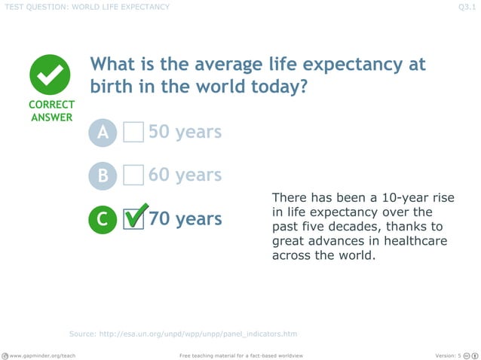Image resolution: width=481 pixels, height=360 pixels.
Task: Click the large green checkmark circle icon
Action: [x=51, y=75]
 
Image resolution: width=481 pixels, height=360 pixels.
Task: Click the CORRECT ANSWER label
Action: [x=51, y=111]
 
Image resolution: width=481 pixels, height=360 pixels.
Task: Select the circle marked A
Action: [x=103, y=133]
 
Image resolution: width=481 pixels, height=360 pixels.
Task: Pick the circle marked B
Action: [x=103, y=176]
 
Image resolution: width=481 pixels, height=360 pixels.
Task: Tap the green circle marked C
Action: [x=103, y=220]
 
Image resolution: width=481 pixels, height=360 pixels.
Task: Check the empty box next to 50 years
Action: [x=133, y=133]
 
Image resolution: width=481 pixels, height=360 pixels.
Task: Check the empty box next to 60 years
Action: [x=133, y=175]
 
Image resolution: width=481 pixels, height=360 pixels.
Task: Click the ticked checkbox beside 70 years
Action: [x=133, y=219]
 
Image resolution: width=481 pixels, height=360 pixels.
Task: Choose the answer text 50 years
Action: [x=185, y=133]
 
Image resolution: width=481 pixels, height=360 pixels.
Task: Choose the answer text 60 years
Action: [x=185, y=175]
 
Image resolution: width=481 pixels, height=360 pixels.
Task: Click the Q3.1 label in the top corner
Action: [x=466, y=8]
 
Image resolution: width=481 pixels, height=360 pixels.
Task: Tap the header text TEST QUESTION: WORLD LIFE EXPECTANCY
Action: [x=87, y=8]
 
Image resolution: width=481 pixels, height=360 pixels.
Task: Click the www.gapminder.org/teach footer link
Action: [x=42, y=355]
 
